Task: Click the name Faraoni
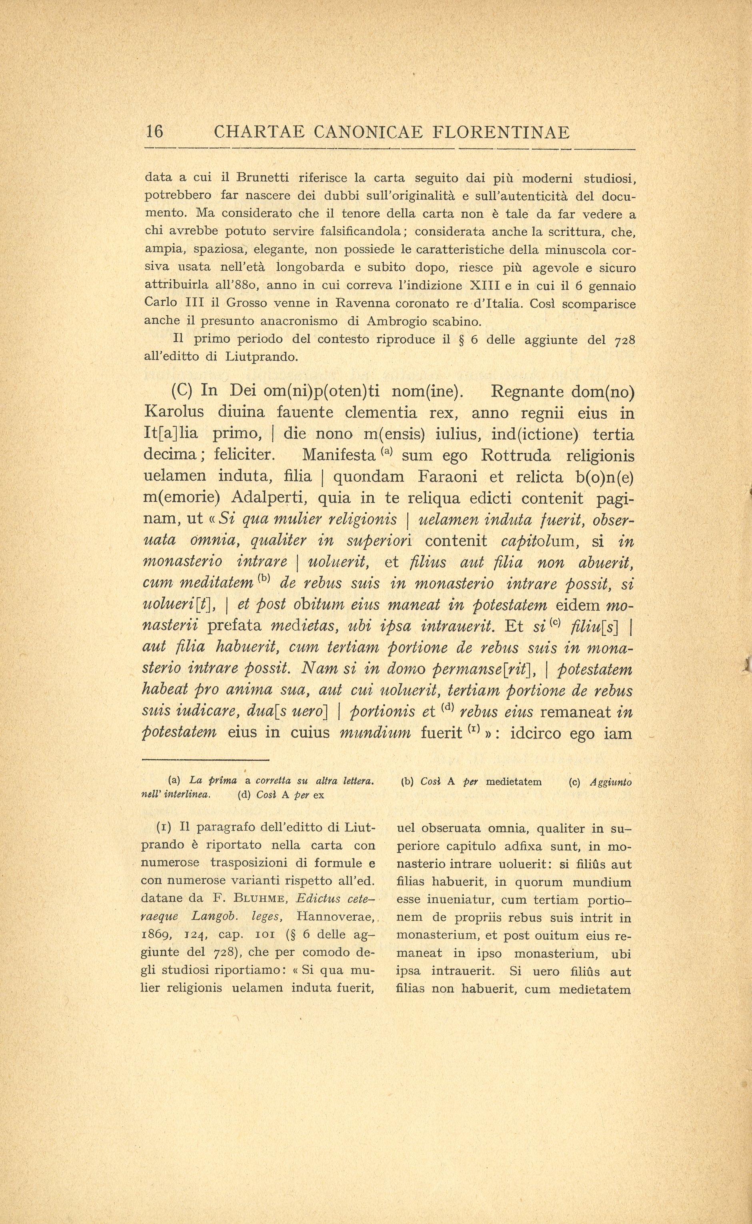pos(450,477)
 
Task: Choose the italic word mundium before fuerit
pos(382,733)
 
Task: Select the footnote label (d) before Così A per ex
pos(244,794)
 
